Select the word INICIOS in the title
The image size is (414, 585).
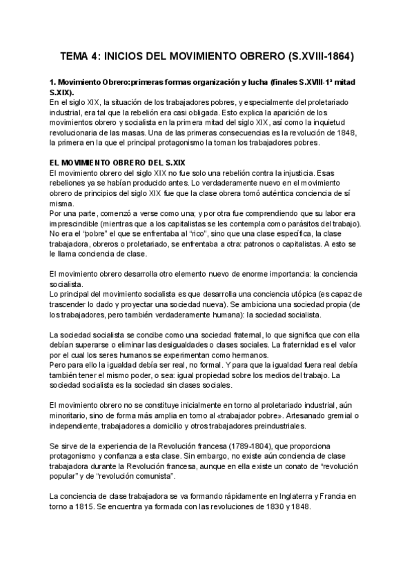[x=139, y=56]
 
